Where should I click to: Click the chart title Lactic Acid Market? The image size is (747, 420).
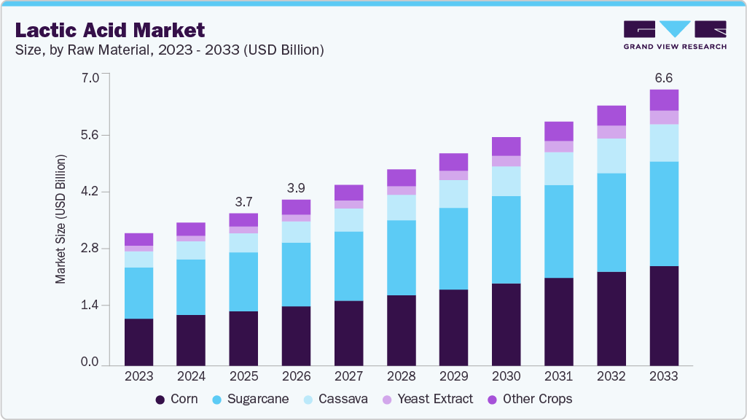click(x=110, y=30)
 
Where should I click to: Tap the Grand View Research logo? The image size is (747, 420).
click(x=675, y=35)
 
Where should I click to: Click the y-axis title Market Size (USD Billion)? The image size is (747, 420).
click(x=61, y=219)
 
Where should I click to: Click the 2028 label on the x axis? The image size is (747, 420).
click(x=401, y=377)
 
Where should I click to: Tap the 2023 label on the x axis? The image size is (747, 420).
click(x=138, y=377)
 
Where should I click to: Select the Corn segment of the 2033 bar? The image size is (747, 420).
click(x=664, y=315)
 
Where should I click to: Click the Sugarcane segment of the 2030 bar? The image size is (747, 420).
click(x=506, y=239)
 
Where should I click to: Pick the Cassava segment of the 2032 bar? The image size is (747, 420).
click(x=611, y=155)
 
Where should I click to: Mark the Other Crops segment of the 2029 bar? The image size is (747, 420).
click(x=453, y=162)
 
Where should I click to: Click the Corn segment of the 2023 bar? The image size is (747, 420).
click(x=138, y=341)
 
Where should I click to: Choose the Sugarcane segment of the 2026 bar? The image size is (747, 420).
click(x=296, y=274)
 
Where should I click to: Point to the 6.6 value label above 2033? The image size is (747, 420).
click(x=664, y=77)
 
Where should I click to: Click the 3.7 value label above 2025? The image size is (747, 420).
click(x=243, y=201)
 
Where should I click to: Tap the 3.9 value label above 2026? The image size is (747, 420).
click(x=296, y=187)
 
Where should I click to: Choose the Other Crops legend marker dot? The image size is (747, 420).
click(x=493, y=400)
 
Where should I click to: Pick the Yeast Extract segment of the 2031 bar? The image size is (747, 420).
click(x=559, y=147)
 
